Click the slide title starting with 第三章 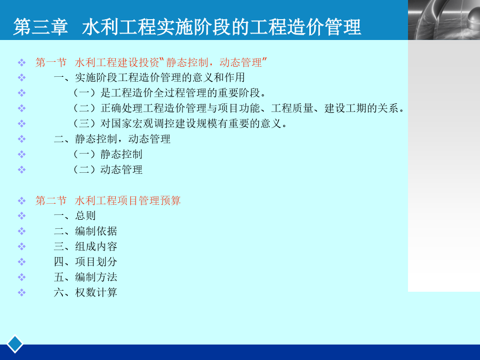(x=187, y=27)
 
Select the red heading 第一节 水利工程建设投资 (x=151, y=62)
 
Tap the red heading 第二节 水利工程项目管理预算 (x=108, y=201)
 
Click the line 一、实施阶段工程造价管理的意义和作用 (x=149, y=77)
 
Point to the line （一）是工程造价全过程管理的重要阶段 (x=170, y=93)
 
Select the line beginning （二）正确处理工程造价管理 (x=239, y=108)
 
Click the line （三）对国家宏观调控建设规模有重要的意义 (x=180, y=123)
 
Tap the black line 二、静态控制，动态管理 (x=112, y=139)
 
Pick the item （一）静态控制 (x=108, y=154)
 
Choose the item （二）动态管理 (x=108, y=169)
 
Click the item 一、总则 (x=75, y=215)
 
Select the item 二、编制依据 (x=85, y=231)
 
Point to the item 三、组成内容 (x=85, y=246)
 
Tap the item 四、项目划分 (x=85, y=261)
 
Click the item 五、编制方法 (x=85, y=277)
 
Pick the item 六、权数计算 (x=85, y=292)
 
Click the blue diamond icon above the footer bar (x=15, y=344)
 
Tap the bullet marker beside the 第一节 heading (x=21, y=63)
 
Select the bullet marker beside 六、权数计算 (x=21, y=293)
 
